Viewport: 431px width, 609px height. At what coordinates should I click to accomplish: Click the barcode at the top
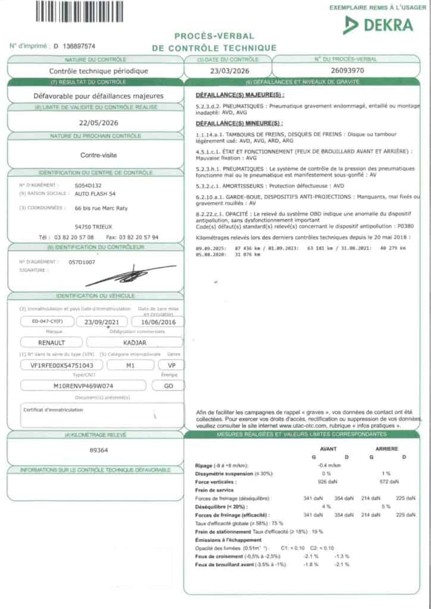coord(83,11)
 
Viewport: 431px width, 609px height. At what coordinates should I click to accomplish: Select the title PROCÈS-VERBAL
coord(214,36)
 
